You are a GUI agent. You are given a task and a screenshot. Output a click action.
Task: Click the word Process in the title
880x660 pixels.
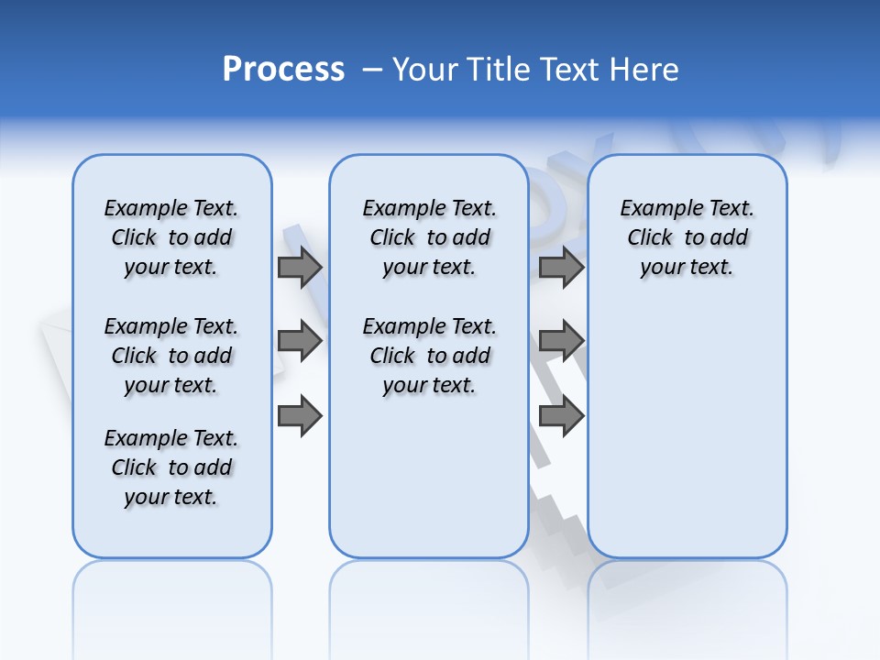pyautogui.click(x=283, y=70)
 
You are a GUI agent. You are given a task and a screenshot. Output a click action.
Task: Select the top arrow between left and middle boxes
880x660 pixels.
pyautogui.click(x=300, y=268)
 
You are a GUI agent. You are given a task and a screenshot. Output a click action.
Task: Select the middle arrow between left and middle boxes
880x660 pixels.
pyautogui.click(x=300, y=342)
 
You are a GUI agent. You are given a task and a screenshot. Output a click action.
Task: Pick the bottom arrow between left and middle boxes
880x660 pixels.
pyautogui.click(x=300, y=417)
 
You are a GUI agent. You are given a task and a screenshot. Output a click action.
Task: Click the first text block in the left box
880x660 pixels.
pyautogui.click(x=171, y=237)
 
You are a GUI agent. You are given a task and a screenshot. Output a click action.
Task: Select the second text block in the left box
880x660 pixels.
pyautogui.click(x=171, y=356)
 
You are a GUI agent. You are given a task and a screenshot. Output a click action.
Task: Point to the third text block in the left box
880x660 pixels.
pyautogui.click(x=171, y=467)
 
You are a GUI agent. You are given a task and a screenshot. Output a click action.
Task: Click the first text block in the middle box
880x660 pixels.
pyautogui.click(x=429, y=237)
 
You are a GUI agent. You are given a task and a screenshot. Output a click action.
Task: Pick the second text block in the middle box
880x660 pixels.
pyautogui.click(x=429, y=356)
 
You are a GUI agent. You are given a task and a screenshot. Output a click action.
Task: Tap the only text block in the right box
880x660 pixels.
pyautogui.click(x=687, y=237)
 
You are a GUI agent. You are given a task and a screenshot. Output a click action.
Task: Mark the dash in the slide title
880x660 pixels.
pyautogui.click(x=372, y=70)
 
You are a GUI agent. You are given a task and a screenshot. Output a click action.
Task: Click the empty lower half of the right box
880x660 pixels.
pyautogui.click(x=687, y=440)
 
